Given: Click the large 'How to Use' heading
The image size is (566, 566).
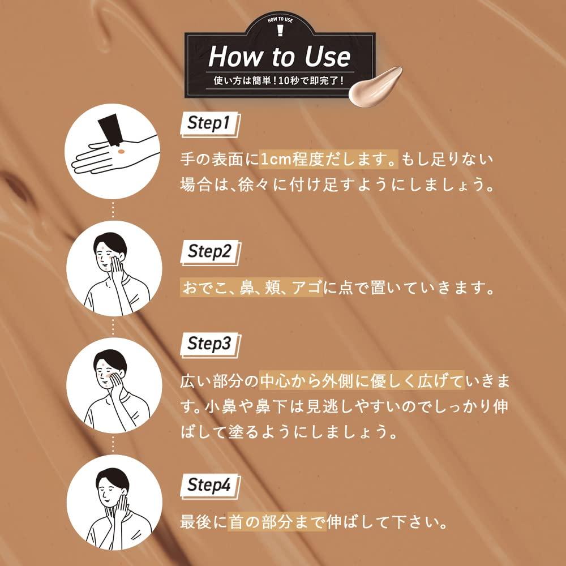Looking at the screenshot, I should (x=279, y=57).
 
